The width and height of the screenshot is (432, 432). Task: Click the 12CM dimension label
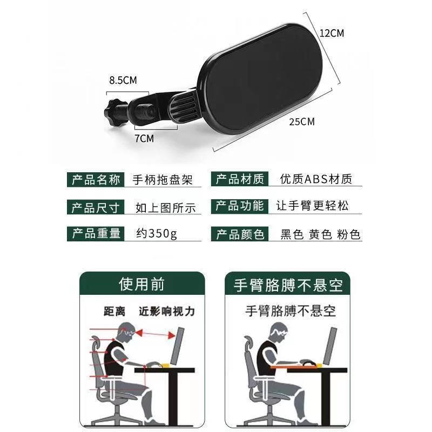pos(332,33)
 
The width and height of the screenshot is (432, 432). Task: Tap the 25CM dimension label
pos(302,122)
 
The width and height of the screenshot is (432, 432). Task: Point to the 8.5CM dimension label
pos(123,80)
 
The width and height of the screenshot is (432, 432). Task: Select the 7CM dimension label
pos(144,138)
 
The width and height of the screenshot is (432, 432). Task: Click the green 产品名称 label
pos(96,180)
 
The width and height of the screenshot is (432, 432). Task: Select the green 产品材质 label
pos(240,180)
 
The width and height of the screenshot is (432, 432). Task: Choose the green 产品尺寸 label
pos(96,207)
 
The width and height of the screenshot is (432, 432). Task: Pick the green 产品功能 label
pos(240,206)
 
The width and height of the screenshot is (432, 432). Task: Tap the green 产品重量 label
pos(96,233)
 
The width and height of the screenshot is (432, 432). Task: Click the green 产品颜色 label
pos(240,234)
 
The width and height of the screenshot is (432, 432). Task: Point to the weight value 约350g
pos(157,234)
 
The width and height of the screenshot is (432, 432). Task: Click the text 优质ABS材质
pos(316,180)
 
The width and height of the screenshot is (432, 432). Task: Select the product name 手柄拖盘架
pos(163,180)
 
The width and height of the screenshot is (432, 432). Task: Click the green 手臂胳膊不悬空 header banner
pos(288,285)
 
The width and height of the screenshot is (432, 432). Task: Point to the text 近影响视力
pos(166,312)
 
